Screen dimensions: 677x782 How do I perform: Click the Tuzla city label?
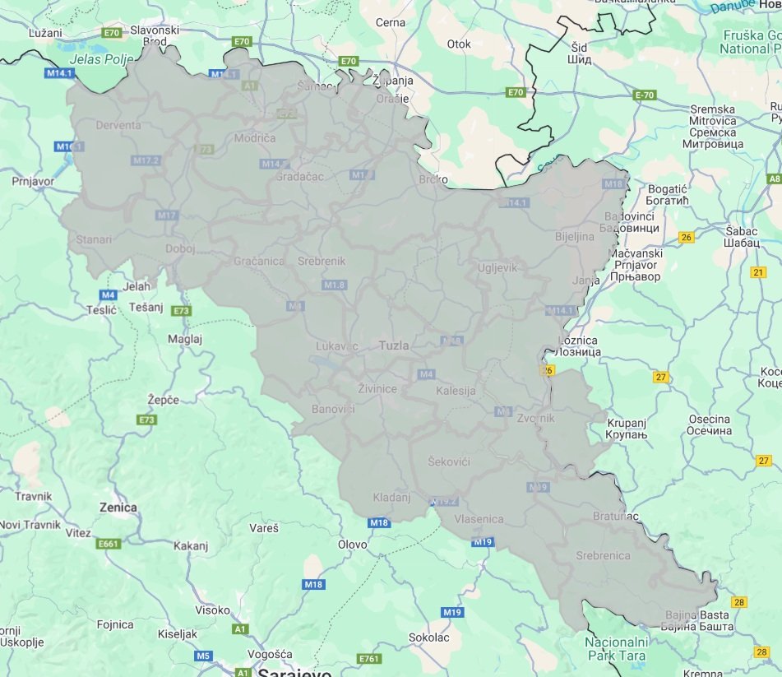click(393, 345)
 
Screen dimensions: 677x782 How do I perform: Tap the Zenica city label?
click(118, 508)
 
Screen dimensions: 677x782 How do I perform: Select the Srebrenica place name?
click(603, 555)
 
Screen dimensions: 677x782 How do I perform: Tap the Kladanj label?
click(385, 498)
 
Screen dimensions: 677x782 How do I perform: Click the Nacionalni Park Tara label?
click(617, 649)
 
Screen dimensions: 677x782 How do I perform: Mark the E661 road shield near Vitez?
click(108, 543)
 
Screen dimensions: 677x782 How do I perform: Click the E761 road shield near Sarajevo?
click(369, 659)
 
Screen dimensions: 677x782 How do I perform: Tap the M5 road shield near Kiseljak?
click(204, 656)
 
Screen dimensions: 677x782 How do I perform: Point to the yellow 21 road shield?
click(758, 272)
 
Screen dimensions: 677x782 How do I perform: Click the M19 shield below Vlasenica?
click(482, 542)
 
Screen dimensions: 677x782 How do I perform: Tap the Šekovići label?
click(449, 462)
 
